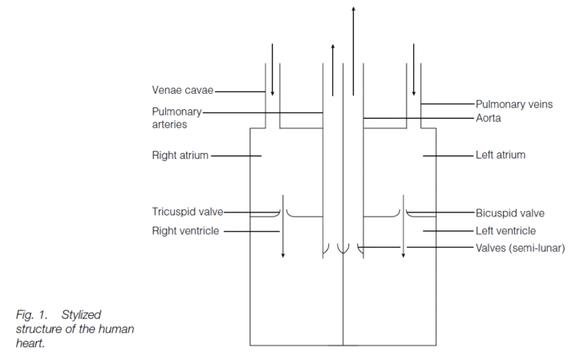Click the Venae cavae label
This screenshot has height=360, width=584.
coord(183,91)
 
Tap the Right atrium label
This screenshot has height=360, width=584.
coord(180,156)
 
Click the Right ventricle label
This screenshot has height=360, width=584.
coord(185,231)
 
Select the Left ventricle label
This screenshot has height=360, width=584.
coord(505,231)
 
